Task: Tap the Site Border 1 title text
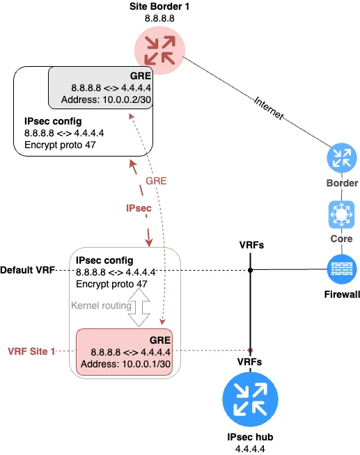click(x=159, y=6)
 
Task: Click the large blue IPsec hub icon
click(x=249, y=402)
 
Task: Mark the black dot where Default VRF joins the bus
click(x=250, y=270)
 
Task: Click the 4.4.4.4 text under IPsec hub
click(x=249, y=449)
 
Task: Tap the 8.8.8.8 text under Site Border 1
click(x=159, y=18)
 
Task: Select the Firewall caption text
click(x=342, y=294)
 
